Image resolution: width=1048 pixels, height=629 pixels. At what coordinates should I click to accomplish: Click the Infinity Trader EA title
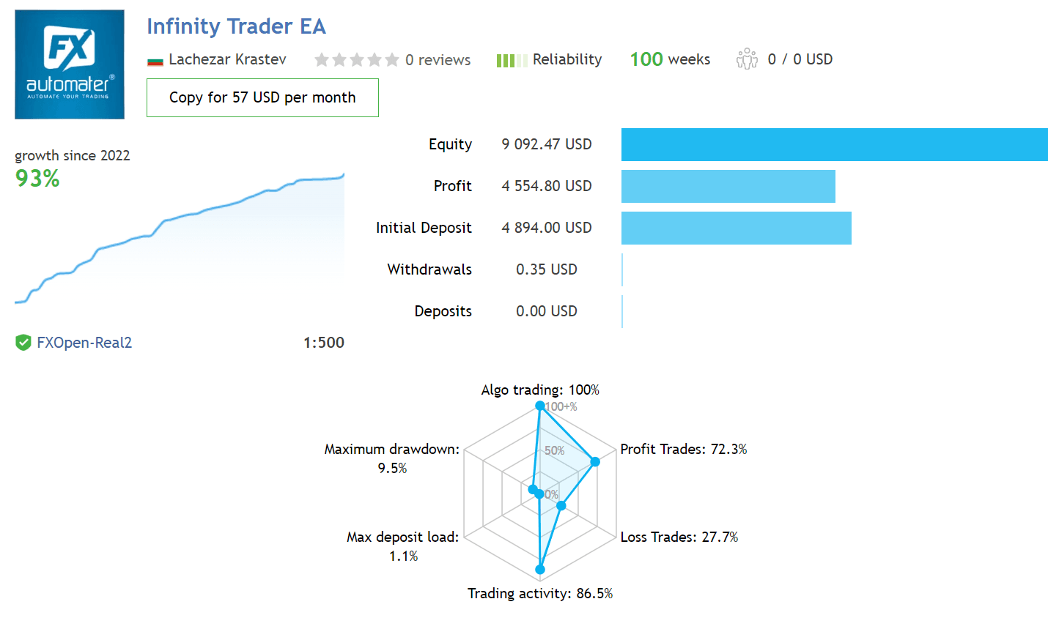(x=236, y=26)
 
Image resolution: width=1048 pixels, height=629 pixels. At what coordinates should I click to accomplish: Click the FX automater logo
(x=70, y=64)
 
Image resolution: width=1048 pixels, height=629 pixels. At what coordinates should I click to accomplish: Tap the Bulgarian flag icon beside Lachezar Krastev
(x=155, y=61)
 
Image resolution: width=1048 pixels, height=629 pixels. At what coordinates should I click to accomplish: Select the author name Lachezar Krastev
(x=227, y=59)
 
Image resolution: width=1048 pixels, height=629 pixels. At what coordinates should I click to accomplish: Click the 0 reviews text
(x=438, y=60)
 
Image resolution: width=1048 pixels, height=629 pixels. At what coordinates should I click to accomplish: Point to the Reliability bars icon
(x=512, y=60)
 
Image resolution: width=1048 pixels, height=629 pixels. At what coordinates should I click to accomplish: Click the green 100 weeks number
(x=646, y=59)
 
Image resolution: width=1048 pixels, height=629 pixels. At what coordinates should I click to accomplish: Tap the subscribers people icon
(x=747, y=59)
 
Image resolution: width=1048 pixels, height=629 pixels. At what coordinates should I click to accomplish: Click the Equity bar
(x=834, y=144)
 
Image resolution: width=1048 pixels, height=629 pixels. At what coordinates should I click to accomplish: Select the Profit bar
(x=728, y=186)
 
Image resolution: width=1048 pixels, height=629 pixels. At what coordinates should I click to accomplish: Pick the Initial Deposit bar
(x=736, y=228)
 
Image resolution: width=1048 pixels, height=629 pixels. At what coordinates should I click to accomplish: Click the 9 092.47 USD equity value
(x=547, y=144)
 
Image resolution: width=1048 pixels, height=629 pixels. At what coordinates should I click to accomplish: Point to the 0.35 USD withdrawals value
(x=547, y=269)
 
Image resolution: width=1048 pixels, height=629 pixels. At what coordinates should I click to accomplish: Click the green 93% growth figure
(x=37, y=178)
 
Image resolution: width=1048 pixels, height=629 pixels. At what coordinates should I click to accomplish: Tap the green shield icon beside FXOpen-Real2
(x=23, y=342)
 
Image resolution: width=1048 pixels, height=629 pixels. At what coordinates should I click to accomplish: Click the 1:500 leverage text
(x=324, y=343)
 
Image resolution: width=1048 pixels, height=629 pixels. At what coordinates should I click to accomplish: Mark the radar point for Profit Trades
(x=595, y=461)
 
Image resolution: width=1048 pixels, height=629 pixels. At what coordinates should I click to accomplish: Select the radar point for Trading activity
(x=540, y=569)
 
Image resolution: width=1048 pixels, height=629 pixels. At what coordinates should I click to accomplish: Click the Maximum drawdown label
(x=392, y=449)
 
